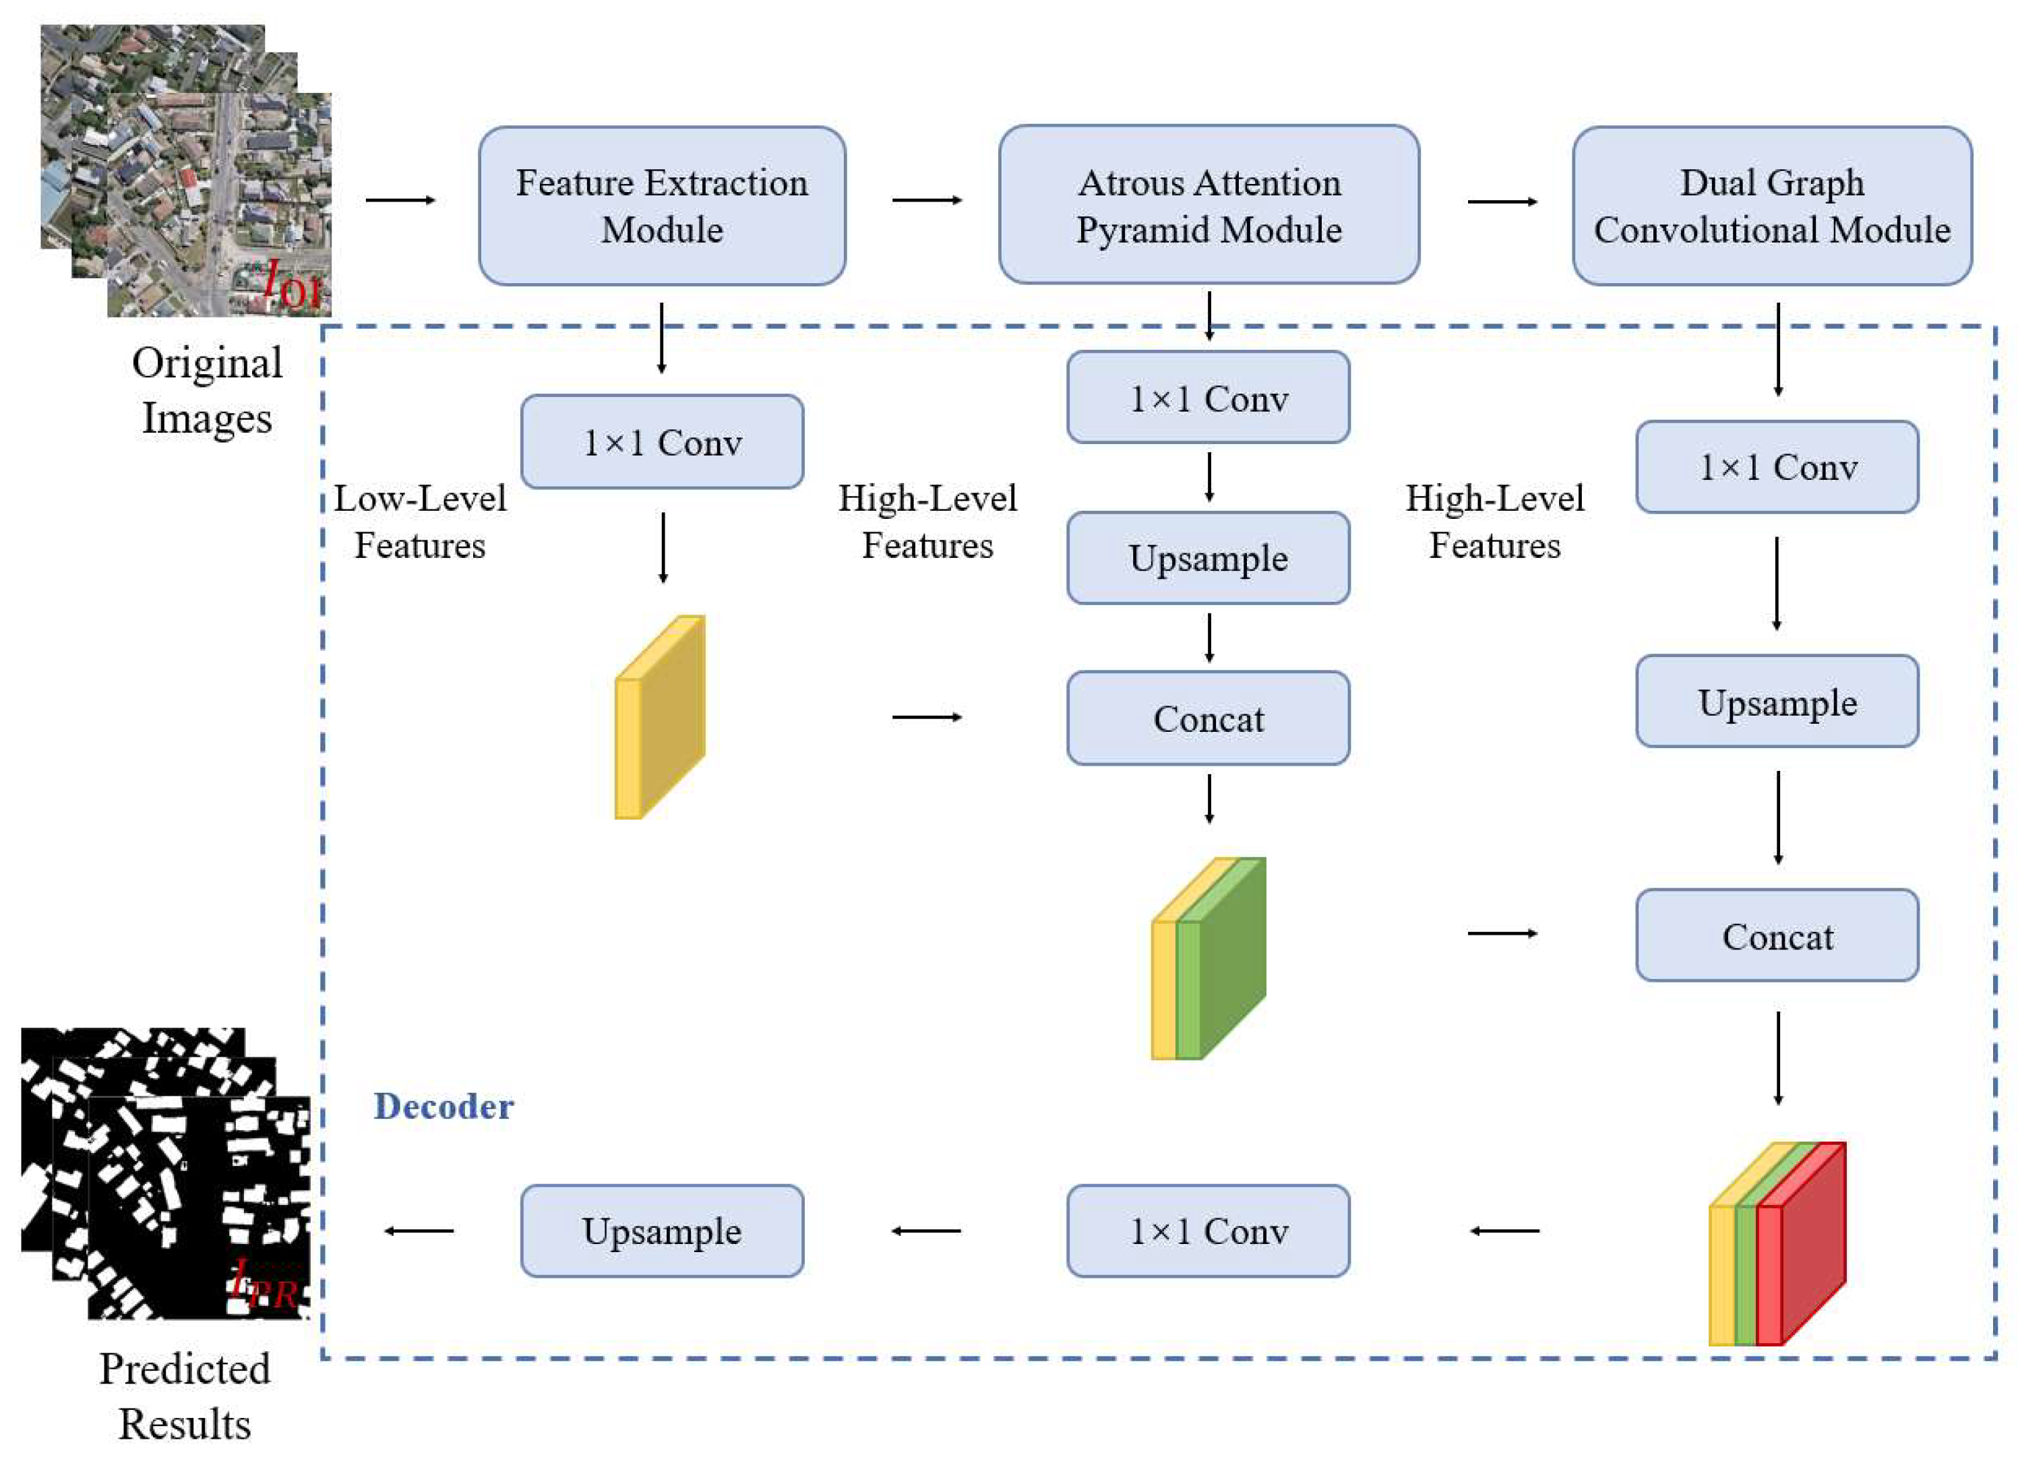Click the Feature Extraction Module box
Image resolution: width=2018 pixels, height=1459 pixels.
click(662, 206)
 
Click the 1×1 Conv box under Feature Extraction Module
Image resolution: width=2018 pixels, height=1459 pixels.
click(662, 442)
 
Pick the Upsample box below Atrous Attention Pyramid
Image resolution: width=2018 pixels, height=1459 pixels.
click(1209, 558)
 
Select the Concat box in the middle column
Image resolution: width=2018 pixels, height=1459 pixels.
click(1209, 718)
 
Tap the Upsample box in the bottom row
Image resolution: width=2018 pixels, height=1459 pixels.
click(662, 1231)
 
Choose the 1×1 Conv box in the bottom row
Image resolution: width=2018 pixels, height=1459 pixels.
click(1209, 1231)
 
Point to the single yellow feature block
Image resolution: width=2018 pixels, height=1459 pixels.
click(661, 717)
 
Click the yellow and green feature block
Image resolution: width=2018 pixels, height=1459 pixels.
click(1209, 959)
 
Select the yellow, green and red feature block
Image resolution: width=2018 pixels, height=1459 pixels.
click(1777, 1244)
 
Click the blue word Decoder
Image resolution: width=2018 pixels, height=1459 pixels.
click(443, 1106)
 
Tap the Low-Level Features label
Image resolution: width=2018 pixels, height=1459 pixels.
click(420, 522)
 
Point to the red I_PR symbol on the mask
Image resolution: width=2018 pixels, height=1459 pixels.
click(264, 1284)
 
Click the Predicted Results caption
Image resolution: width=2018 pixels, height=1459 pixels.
click(185, 1395)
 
